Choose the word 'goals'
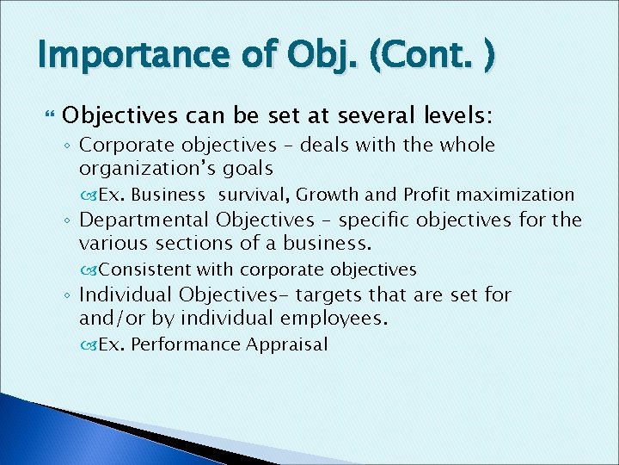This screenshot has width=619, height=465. click(x=248, y=169)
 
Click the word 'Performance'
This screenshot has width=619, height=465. click(x=185, y=345)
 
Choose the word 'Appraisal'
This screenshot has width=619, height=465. click(x=286, y=345)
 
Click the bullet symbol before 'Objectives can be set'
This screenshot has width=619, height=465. click(x=47, y=115)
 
